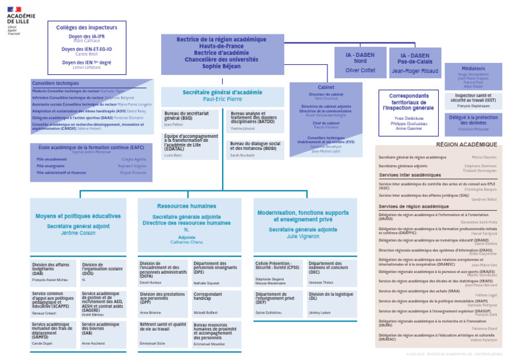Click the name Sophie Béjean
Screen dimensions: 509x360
pos(221,66)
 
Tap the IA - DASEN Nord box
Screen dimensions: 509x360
pos(360,62)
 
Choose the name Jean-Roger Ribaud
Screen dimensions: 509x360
pos(415,70)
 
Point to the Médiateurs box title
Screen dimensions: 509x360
pos(473,68)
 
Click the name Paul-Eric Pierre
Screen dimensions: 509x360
pos(222,99)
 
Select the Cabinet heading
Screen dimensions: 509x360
pos(326,87)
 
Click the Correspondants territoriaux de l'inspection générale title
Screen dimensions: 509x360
pos(408,101)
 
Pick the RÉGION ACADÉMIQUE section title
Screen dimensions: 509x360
pos(466,144)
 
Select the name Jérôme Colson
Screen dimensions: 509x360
pos(79,233)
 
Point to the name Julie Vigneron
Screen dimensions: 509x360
pos(302,236)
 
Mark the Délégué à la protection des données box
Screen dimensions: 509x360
pos(473,123)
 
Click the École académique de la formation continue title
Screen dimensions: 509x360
pos(91,147)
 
